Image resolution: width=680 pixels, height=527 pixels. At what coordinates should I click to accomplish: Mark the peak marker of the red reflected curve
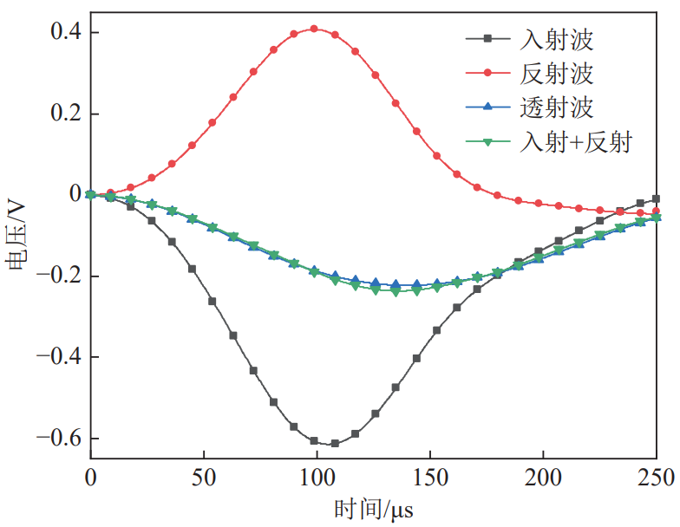pyautogui.click(x=314, y=29)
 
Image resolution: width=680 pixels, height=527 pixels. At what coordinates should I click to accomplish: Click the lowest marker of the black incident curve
pyautogui.click(x=335, y=443)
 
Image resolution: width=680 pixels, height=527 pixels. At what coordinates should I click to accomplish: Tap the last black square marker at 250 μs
pyautogui.click(x=656, y=199)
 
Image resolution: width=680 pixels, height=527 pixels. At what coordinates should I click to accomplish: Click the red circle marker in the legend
pyautogui.click(x=487, y=73)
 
